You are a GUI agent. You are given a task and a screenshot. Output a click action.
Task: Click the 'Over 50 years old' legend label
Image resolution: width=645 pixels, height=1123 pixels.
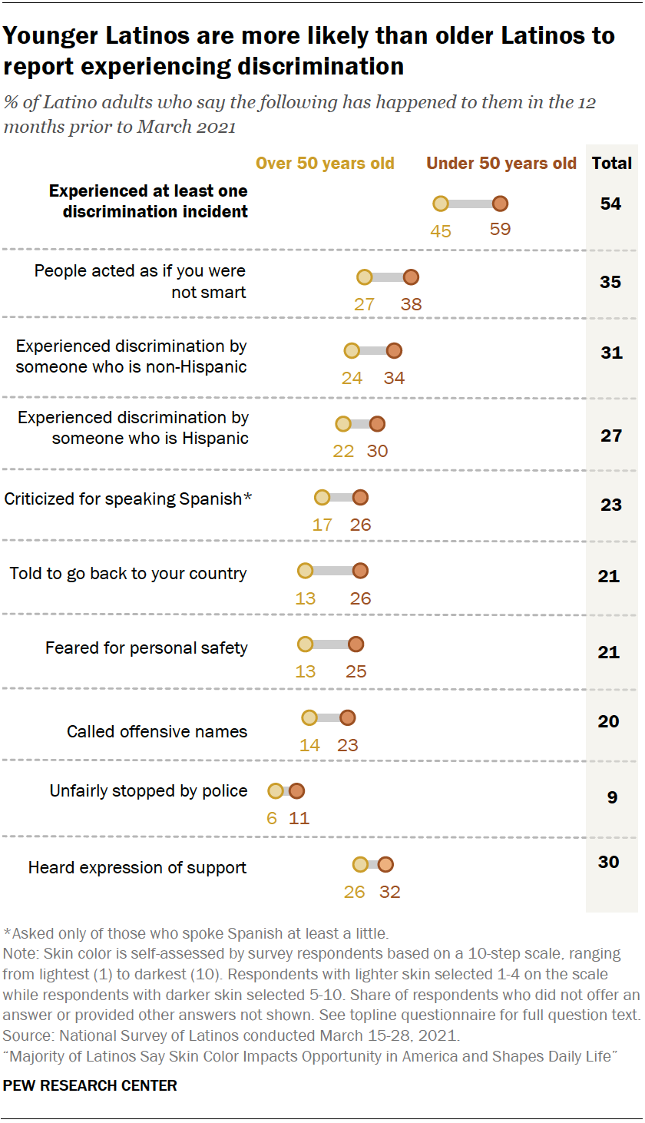coord(325,164)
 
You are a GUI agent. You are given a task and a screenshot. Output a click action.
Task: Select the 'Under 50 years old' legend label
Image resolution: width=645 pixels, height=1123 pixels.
coord(501,164)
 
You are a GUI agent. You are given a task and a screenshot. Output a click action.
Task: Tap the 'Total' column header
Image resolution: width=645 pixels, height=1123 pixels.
coord(612,164)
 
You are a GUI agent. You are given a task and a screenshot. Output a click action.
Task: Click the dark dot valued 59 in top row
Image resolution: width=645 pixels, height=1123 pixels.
coord(500,204)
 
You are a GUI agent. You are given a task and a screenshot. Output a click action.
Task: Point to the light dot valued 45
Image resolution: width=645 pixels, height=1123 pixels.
coord(441,204)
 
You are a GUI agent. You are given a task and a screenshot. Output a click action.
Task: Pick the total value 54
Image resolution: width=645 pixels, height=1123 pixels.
coord(611,204)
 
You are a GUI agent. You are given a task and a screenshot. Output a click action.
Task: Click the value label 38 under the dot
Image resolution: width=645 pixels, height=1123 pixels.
coord(412,303)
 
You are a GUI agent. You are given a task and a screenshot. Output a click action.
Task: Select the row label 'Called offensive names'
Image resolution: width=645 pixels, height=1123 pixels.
coord(157,731)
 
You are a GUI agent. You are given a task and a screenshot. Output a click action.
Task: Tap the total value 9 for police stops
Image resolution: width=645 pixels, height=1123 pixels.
coord(612,797)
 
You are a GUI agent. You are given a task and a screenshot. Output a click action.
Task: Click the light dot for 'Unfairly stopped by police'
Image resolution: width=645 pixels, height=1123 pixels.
coord(275,791)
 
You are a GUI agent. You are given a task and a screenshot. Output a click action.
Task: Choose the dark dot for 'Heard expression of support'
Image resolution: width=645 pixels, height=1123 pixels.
coord(385,865)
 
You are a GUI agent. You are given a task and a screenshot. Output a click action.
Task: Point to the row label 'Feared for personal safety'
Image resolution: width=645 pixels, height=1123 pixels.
coord(146,648)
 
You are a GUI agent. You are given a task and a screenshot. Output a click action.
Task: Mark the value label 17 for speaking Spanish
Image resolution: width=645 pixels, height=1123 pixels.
coord(322,525)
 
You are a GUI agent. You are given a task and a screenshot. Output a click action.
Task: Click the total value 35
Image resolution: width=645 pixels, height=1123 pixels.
coord(611,282)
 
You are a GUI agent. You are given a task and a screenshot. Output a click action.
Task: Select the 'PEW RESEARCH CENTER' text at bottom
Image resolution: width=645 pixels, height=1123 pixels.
coord(91,1085)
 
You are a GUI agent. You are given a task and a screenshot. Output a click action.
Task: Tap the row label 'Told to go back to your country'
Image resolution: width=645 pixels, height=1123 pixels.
coord(128,574)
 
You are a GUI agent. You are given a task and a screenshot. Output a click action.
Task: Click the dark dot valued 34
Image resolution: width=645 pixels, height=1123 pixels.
coord(394,351)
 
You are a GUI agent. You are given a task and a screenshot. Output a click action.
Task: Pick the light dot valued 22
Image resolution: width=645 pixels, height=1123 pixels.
coord(343,424)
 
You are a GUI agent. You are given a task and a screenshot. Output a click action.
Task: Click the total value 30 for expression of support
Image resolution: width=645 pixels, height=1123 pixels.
coord(609,862)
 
